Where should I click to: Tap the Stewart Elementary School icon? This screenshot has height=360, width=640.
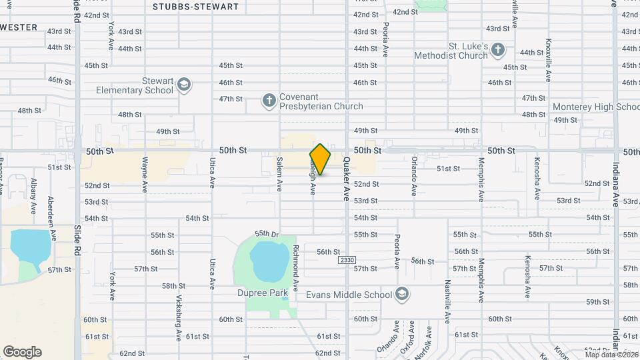pos(184,85)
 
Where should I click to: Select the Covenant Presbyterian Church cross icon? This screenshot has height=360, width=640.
pos(269,101)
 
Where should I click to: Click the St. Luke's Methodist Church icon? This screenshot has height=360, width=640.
pos(499,51)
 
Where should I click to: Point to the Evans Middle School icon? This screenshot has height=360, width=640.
pos(402,294)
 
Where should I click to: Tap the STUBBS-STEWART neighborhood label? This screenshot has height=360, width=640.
pos(195,7)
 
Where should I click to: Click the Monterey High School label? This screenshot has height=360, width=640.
pos(596,107)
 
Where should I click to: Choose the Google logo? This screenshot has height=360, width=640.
pos(22,352)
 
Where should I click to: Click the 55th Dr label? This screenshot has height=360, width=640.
pos(266,234)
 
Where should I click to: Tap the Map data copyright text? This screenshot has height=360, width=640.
pos(612,354)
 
